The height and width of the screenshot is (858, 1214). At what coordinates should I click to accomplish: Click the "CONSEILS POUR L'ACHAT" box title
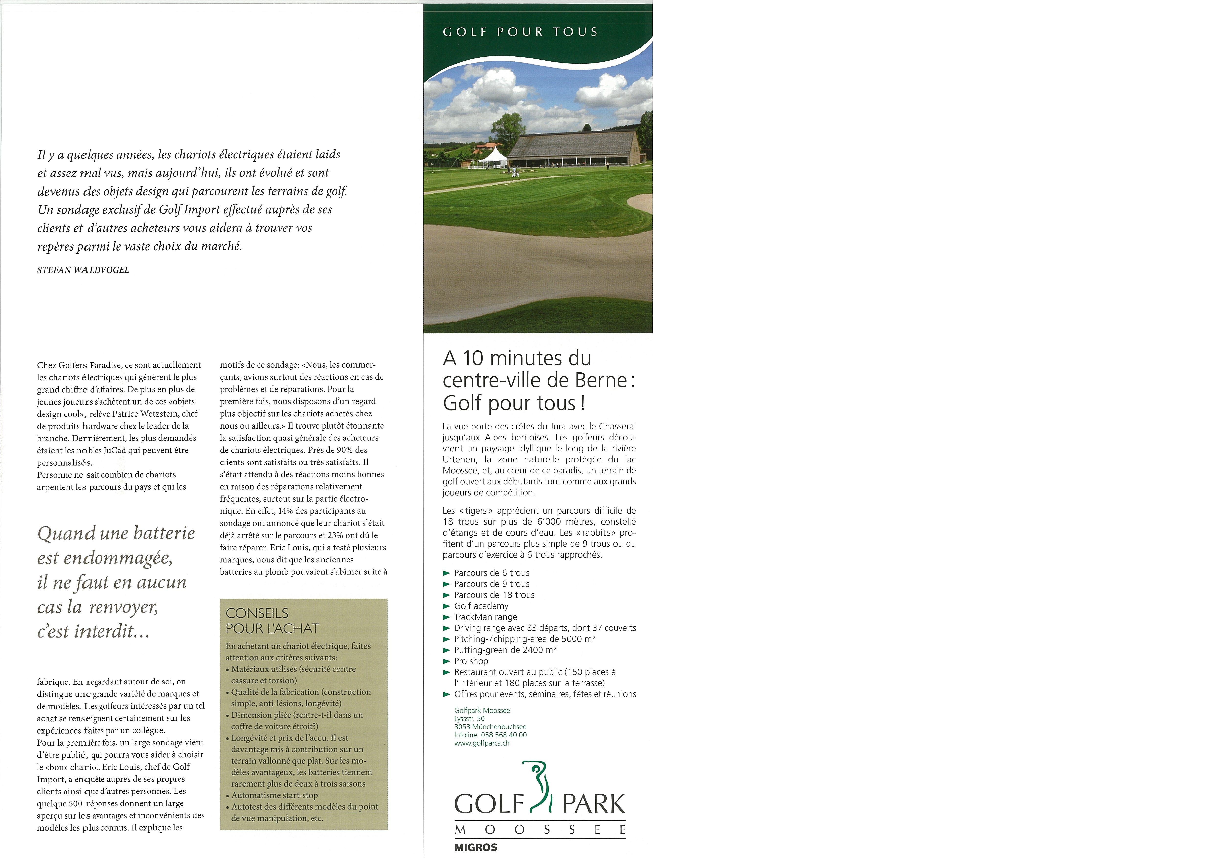pos(272,621)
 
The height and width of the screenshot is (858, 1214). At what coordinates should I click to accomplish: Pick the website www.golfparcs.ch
pos(482,743)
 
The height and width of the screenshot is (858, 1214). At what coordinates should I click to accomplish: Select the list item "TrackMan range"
pos(485,617)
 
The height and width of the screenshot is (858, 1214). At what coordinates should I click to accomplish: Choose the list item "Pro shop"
pos(471,661)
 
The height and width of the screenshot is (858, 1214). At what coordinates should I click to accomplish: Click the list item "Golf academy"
pos(481,606)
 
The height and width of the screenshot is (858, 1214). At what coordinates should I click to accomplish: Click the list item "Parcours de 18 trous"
pos(494,595)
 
